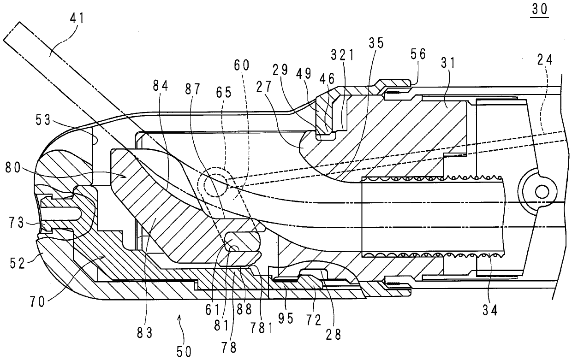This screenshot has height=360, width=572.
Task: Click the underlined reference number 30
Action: coord(540,10)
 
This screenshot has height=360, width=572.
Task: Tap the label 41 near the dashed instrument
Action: coord(77,18)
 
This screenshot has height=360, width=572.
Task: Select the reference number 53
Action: coord(43,120)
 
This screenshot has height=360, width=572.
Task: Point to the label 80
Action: coord(13,168)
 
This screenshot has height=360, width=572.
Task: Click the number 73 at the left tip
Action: coord(17,223)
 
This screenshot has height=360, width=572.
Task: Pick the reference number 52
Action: coord(18,263)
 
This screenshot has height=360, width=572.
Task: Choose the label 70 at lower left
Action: coord(37,302)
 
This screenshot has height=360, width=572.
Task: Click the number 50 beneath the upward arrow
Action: coord(184,352)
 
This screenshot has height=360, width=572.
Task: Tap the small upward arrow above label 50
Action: coord(179,319)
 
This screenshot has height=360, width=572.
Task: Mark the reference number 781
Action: coord(262,328)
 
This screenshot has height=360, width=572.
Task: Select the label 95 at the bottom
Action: coord(286,319)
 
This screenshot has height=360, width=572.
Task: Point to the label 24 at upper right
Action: coord(545,60)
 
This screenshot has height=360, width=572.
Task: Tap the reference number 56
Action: coord(418,54)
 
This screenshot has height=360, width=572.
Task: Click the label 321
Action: coord(343,55)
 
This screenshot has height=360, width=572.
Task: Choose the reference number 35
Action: coord(376,43)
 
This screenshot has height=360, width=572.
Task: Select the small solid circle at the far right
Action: coord(542,192)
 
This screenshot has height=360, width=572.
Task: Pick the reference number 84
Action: coord(161,86)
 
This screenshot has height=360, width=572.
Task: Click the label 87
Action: coord(193,89)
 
